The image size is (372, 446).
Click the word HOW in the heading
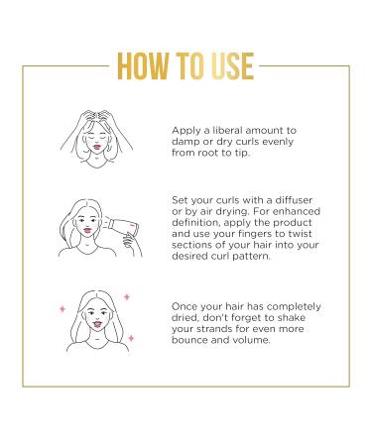pyautogui.click(x=143, y=66)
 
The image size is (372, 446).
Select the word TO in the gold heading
pyautogui.click(x=189, y=66)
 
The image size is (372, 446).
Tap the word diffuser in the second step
pyautogui.click(x=294, y=200)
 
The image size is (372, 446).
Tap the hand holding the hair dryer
pyautogui.click(x=132, y=244)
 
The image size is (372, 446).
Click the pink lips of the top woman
pyautogui.click(x=96, y=147)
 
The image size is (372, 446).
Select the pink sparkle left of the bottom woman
pyautogui.click(x=62, y=309)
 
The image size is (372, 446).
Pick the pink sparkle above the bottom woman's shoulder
pyautogui.click(x=131, y=338)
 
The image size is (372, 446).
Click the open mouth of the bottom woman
pyautogui.click(x=97, y=324)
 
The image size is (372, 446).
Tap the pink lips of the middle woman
pyautogui.click(x=87, y=230)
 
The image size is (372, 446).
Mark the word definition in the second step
pyautogui.click(x=195, y=222)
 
